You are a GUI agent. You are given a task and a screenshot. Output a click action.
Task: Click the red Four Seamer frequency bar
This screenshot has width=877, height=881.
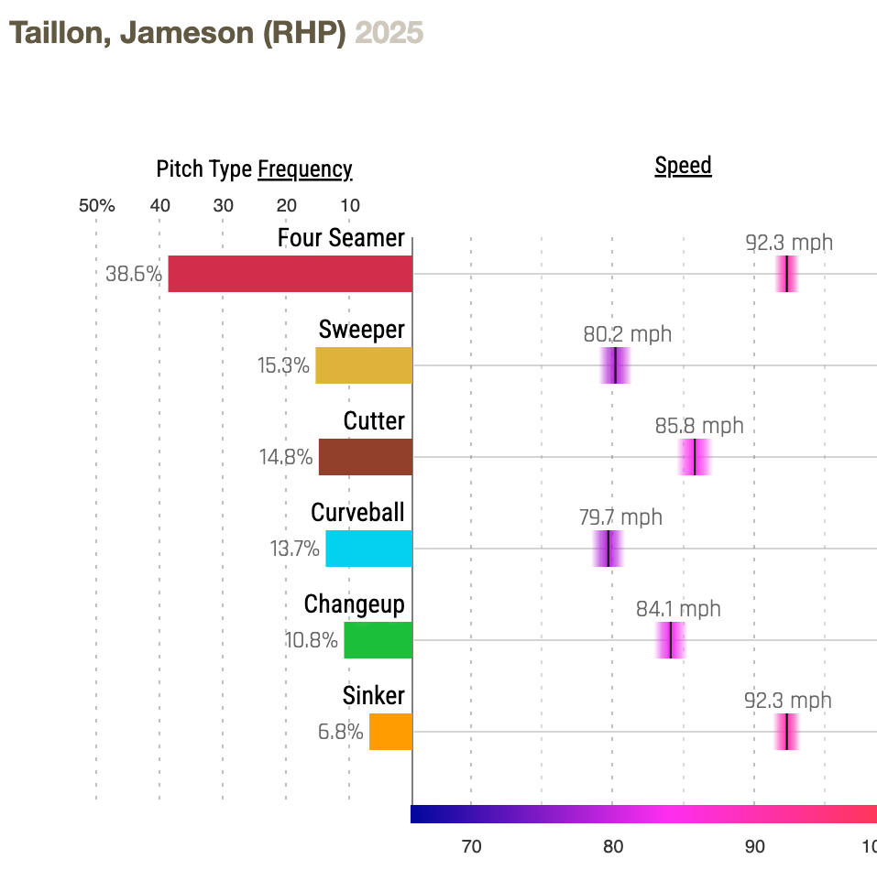[x=290, y=274]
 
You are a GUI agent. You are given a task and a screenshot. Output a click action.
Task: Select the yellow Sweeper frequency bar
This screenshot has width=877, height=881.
[x=364, y=365]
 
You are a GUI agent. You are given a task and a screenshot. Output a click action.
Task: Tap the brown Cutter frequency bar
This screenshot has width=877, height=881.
[x=365, y=457]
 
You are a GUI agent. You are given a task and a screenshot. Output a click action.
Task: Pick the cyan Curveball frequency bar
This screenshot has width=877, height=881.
[x=368, y=549]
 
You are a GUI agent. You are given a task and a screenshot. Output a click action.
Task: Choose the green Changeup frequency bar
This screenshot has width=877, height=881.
[x=378, y=640]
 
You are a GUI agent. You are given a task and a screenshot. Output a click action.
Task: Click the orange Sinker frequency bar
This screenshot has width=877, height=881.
[x=390, y=732]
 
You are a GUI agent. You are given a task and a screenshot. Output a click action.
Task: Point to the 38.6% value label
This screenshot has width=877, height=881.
[x=134, y=274]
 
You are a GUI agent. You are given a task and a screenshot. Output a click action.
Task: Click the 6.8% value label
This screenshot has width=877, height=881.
[x=340, y=732]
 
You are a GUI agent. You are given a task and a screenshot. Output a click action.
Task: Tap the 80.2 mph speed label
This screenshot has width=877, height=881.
[x=627, y=334]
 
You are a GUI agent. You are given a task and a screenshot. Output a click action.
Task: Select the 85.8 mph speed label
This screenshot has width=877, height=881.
[x=699, y=426]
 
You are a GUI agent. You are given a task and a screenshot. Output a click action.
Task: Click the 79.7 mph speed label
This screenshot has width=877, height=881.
[x=620, y=517]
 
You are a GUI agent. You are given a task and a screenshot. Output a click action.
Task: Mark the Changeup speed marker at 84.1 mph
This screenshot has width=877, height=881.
[x=671, y=640]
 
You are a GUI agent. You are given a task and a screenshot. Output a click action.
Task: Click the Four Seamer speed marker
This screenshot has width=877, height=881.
[x=787, y=274]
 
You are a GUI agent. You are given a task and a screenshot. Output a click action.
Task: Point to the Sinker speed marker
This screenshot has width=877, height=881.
[x=787, y=732]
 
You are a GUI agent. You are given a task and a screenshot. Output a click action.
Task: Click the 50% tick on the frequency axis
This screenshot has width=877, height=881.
[x=96, y=205]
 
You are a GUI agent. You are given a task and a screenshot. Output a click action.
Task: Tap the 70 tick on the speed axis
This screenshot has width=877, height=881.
[x=471, y=846]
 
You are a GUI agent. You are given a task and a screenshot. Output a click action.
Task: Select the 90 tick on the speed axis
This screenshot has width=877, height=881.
[x=754, y=846]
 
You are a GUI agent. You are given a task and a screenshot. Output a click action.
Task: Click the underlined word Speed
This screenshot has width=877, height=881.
[x=683, y=166]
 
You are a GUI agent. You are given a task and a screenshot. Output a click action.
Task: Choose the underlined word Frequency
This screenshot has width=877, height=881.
[x=304, y=169]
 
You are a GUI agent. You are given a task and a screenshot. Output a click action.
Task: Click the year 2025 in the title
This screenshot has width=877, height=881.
[x=389, y=33]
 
